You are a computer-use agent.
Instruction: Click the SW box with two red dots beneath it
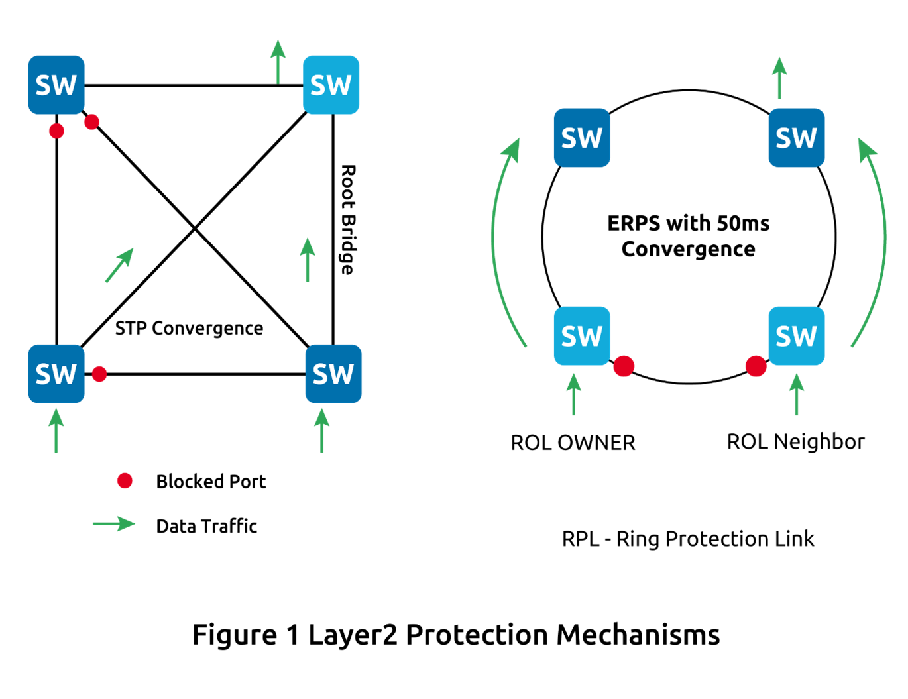tap(56, 85)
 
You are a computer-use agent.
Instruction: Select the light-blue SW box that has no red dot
tap(331, 85)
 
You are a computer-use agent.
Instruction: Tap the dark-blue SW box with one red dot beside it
tap(56, 374)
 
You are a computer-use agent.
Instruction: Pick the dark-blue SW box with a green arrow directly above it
tap(796, 138)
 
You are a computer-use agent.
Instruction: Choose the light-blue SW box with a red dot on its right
tap(582, 336)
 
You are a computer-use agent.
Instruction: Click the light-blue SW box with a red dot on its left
tap(796, 336)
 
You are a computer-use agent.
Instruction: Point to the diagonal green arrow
tap(120, 265)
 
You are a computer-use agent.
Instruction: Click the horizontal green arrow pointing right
tap(113, 523)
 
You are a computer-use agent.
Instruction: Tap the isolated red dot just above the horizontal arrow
tap(125, 480)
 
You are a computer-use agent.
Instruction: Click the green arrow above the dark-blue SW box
tap(779, 78)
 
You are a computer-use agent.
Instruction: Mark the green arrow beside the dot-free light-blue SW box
tap(278, 62)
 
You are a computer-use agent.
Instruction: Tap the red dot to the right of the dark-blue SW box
tap(99, 374)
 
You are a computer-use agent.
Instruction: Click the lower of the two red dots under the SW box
tap(56, 131)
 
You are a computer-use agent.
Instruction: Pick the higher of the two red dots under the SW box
tap(91, 122)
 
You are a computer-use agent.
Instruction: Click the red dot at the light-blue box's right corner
tap(624, 366)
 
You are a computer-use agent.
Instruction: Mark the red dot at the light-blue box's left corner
tap(756, 366)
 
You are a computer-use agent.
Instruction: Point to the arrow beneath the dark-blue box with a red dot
tap(56, 430)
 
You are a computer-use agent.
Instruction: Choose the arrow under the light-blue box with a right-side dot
tap(574, 394)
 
